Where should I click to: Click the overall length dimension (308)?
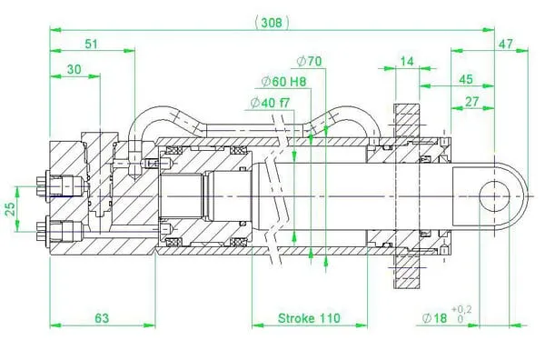click(x=272, y=23)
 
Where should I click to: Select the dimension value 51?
click(x=92, y=45)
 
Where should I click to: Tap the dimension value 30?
click(x=74, y=70)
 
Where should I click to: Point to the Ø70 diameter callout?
click(x=310, y=62)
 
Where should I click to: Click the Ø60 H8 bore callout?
click(x=283, y=82)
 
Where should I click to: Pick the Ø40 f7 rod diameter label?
click(x=270, y=103)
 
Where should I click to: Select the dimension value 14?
click(x=407, y=62)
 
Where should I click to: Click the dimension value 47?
click(x=506, y=45)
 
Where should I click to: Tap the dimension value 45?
click(x=466, y=79)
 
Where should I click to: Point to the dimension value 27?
click(x=471, y=102)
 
